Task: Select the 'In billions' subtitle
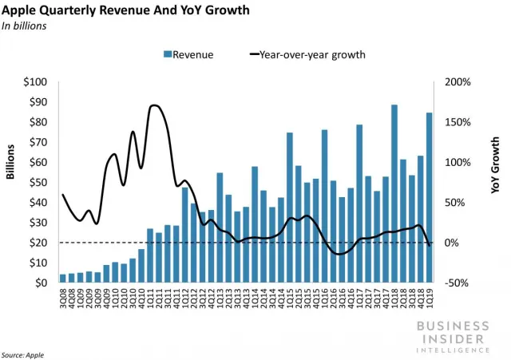pyautogui.click(x=25, y=26)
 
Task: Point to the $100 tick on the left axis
pyautogui.click(x=36, y=83)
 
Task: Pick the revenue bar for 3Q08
pyautogui.click(x=63, y=279)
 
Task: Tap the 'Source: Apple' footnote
pyautogui.click(x=22, y=353)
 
